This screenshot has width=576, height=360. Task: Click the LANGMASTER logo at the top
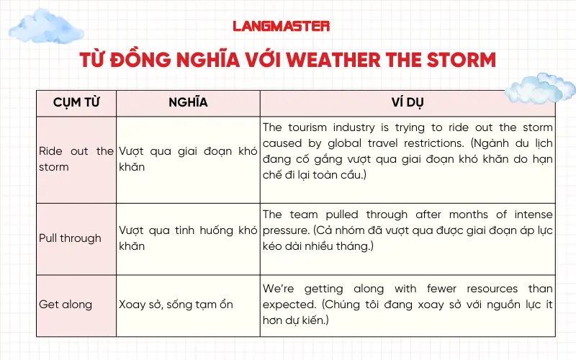click(x=281, y=26)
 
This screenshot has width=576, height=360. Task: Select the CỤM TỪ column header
click(x=76, y=102)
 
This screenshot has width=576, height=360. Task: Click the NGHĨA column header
click(x=188, y=102)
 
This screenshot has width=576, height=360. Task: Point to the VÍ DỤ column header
click(x=408, y=102)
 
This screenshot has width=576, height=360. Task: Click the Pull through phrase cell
click(x=70, y=238)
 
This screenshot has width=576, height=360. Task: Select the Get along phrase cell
click(x=66, y=304)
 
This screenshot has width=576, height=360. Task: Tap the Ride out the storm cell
click(x=76, y=159)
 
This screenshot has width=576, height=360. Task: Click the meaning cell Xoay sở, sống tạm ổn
click(x=176, y=304)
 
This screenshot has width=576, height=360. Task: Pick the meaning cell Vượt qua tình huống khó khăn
click(x=188, y=238)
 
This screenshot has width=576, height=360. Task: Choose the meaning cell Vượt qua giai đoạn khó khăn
click(x=188, y=159)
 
